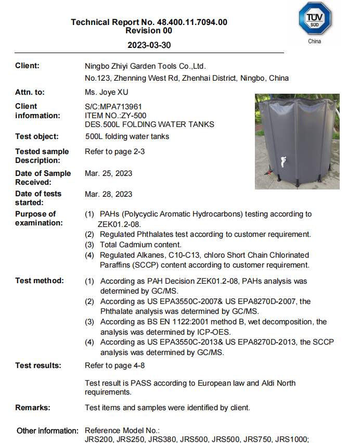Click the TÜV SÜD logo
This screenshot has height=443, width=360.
coord(314,19)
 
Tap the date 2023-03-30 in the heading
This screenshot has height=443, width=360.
coord(149,45)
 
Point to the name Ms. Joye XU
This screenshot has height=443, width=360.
coord(106,92)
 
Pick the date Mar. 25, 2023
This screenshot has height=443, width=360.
coord(108,173)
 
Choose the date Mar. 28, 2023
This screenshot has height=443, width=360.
coord(108,194)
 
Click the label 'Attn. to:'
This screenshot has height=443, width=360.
coord(30,92)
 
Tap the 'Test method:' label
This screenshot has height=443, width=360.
coord(40,281)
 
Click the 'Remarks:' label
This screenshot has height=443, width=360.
coord(33,408)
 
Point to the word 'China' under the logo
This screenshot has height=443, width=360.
coord(315,41)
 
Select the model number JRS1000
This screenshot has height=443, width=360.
coord(294,439)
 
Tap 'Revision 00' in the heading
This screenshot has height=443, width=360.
coord(149,31)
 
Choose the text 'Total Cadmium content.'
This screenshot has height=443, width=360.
coord(140,245)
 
